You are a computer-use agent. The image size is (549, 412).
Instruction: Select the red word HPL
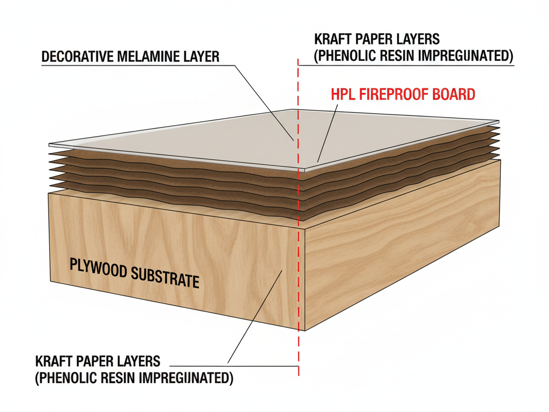tap(342, 95)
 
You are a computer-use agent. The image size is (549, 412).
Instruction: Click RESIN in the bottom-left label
tap(116, 378)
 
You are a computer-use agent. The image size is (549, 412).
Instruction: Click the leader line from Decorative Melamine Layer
tap(265, 102)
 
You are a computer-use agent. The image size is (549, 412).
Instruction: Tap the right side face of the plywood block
tap(402, 241)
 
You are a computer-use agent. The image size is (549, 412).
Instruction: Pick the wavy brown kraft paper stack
tap(161, 172)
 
